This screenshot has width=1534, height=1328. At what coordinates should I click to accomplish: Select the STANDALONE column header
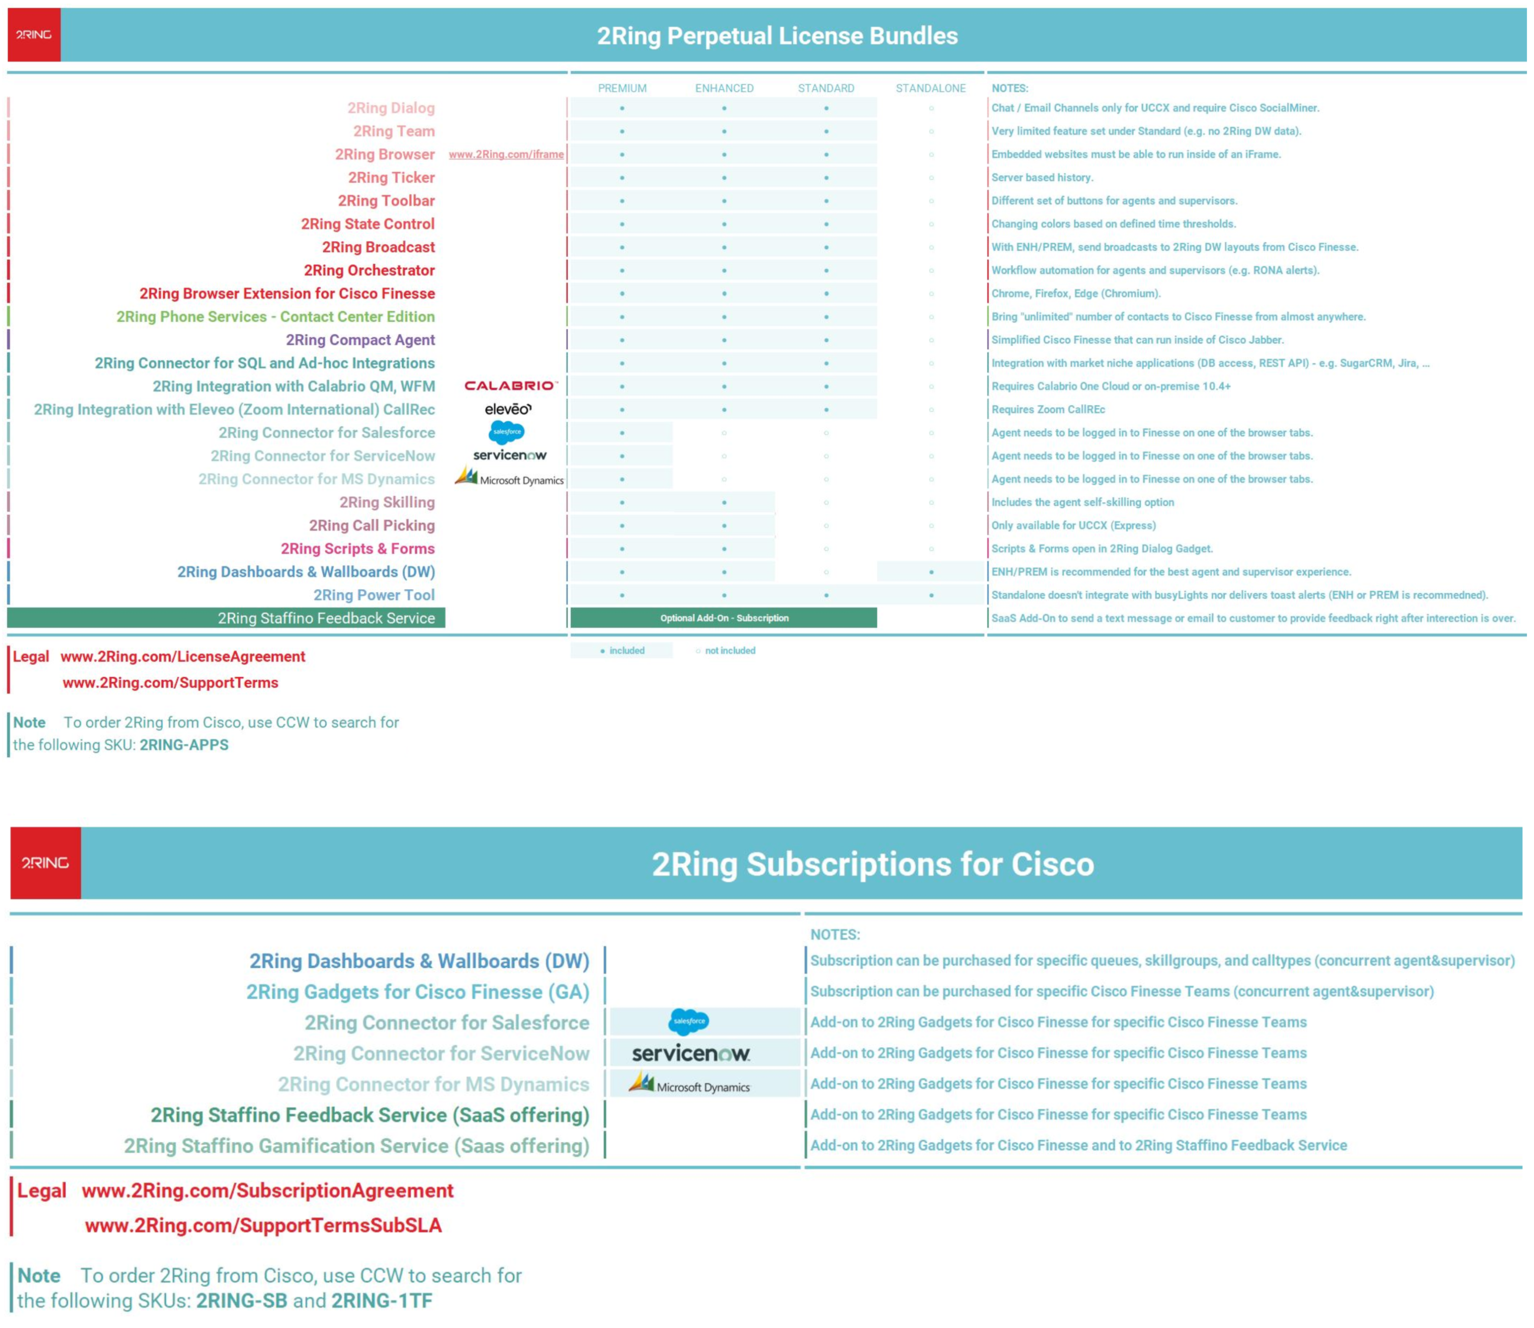(x=930, y=88)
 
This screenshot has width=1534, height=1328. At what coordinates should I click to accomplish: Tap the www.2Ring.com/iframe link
(x=506, y=154)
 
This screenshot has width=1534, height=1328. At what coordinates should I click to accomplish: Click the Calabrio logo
(x=510, y=385)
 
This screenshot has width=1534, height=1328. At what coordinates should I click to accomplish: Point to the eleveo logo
(x=508, y=409)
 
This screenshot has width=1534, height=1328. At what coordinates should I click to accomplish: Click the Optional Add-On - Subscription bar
(x=724, y=618)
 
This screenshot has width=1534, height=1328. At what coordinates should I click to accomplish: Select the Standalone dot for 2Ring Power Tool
(x=931, y=595)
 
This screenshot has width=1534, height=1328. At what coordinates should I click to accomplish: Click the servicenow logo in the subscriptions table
(x=690, y=1053)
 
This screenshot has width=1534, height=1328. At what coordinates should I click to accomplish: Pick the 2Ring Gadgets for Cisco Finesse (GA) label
(x=418, y=992)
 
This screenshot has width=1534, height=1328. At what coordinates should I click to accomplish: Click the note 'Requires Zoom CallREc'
(x=1048, y=409)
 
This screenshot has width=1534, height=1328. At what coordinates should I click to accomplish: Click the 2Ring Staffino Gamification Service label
(x=356, y=1146)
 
